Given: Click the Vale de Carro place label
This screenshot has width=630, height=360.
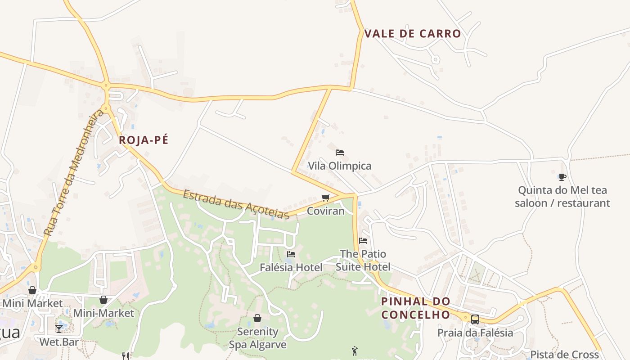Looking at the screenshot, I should (413, 34).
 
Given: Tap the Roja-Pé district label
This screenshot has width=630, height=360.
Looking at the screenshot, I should (144, 140).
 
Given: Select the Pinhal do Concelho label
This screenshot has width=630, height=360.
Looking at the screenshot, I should (415, 308).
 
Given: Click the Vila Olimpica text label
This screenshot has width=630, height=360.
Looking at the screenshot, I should (340, 166).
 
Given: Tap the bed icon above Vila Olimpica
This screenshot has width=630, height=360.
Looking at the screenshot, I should (340, 153).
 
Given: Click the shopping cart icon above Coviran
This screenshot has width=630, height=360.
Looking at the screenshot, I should (326, 198).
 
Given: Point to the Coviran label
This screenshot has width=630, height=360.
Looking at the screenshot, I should (325, 211).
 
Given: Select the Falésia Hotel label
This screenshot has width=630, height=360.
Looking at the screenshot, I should (291, 267).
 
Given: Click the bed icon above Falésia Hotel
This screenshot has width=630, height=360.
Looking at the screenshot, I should (291, 254).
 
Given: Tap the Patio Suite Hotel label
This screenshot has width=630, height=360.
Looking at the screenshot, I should (363, 260).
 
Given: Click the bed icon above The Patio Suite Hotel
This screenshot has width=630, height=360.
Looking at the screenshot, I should (363, 241).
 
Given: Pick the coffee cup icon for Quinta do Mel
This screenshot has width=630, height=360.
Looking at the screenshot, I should (562, 177).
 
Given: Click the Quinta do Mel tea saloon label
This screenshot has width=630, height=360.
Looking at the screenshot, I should (562, 197).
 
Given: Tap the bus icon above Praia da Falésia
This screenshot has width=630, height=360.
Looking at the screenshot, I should (475, 319).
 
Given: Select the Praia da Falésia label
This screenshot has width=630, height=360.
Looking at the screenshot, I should (475, 333).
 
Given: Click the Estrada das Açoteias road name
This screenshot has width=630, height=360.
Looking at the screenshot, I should (236, 205).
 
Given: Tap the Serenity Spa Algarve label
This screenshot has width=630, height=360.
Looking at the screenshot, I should (257, 338).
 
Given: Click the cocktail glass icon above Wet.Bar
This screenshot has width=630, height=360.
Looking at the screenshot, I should (59, 329).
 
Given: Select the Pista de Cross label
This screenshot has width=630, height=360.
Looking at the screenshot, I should (564, 354).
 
